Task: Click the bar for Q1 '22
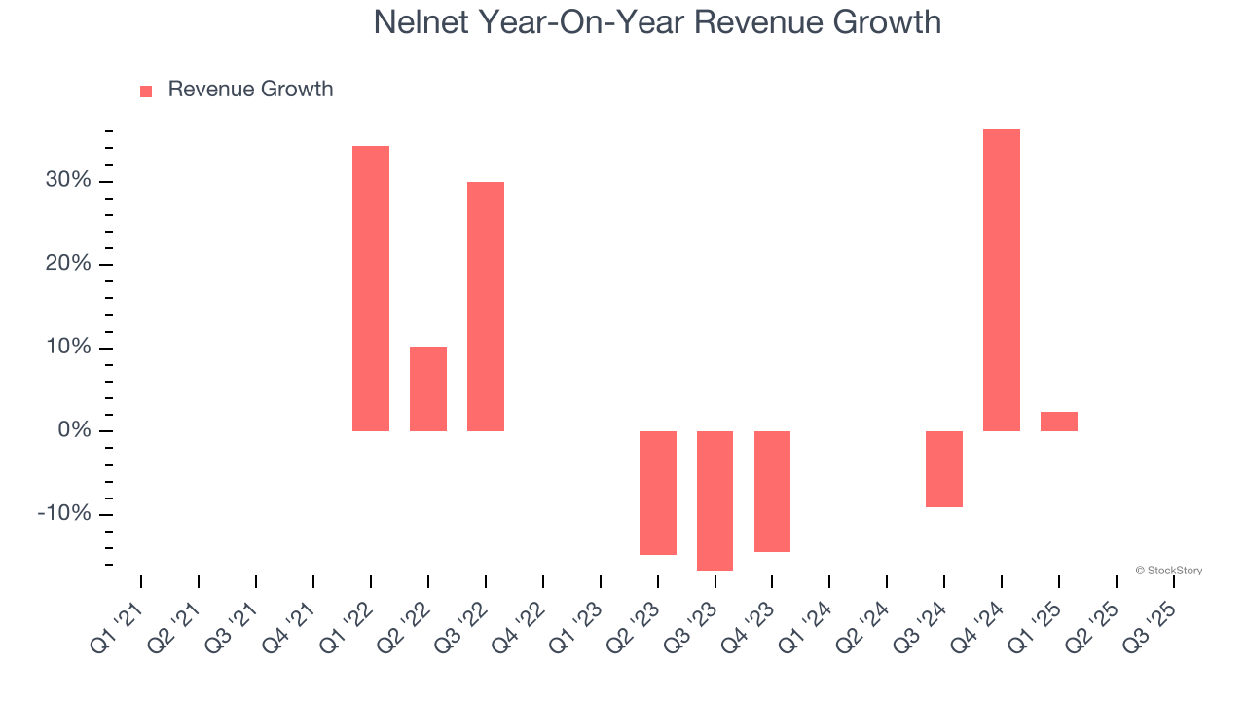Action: (371, 288)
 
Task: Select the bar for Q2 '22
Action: (428, 388)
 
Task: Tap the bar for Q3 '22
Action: (486, 307)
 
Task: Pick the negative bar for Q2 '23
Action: (658, 493)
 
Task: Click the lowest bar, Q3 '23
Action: (715, 500)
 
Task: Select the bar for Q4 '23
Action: (772, 492)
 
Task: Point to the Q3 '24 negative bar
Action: (944, 469)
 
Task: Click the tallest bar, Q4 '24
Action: (1002, 280)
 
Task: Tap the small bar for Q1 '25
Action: (1059, 422)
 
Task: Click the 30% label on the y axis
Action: (68, 181)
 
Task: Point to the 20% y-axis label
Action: (68, 265)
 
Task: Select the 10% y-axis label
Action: (68, 349)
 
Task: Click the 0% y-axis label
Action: (74, 431)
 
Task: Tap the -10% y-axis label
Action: (64, 515)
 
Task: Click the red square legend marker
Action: (146, 91)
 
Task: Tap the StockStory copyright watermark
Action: (1168, 571)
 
